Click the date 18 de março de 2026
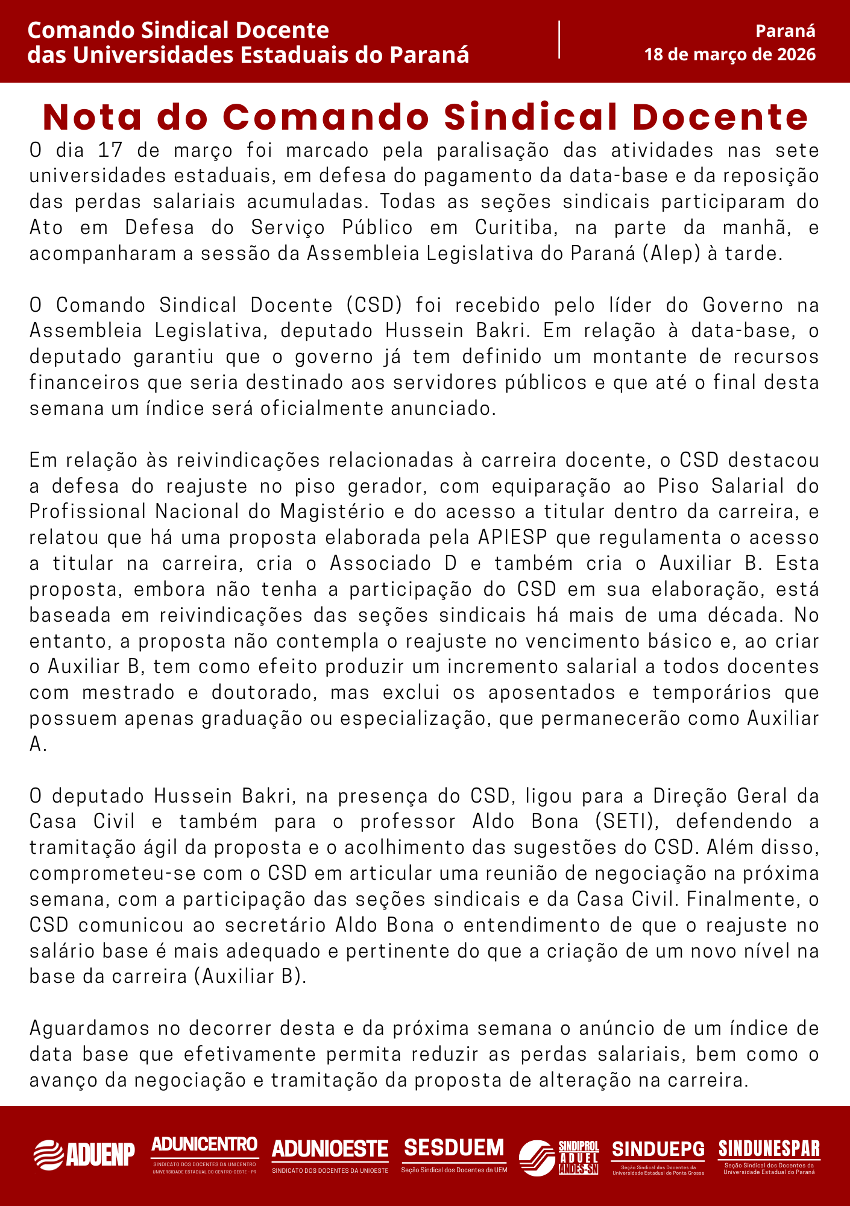pyautogui.click(x=729, y=55)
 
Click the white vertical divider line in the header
pyautogui.click(x=559, y=40)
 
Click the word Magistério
pyautogui.click(x=332, y=512)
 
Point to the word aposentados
pyautogui.click(x=552, y=693)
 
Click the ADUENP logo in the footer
pyautogui.click(x=84, y=1154)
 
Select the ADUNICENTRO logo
pyautogui.click(x=204, y=1153)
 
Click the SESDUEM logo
pyautogui.click(x=454, y=1153)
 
